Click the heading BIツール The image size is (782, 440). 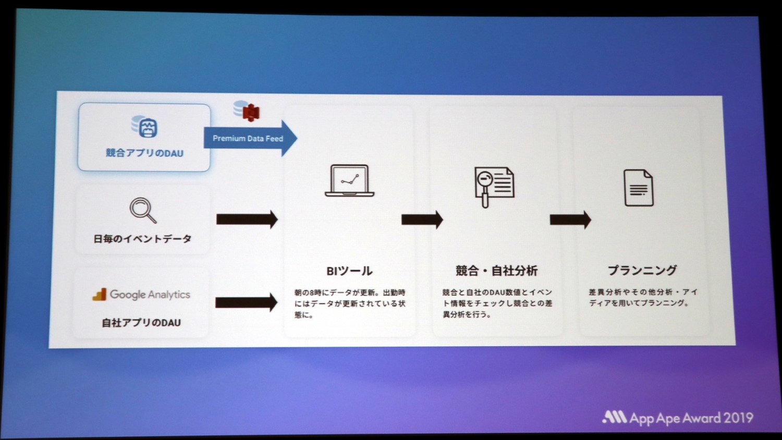pos(349,271)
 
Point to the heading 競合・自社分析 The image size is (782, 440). pos(496,271)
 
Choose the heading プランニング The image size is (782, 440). pos(642,270)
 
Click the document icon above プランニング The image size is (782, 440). pos(639,188)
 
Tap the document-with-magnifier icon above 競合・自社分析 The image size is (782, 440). pos(494,186)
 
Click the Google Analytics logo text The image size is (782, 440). pos(150,295)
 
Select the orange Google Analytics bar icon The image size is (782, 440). pos(100,295)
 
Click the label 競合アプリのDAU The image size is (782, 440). pos(144,153)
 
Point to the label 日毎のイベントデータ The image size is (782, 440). pos(142,239)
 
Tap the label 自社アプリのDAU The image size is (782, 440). pos(141,323)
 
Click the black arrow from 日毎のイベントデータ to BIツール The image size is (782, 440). pos(247,219)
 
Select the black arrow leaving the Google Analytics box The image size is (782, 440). pos(246,302)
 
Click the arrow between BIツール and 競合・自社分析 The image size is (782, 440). pos(422,219)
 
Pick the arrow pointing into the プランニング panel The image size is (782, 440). pos(570,219)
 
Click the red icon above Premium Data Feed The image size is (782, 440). pos(251,112)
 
